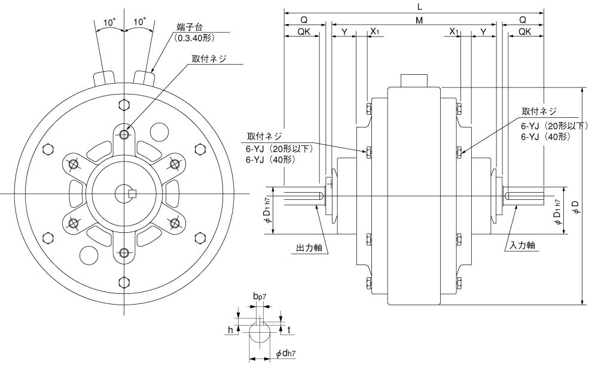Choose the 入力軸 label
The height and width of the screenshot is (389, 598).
point(522,245)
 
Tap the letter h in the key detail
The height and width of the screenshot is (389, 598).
point(231,329)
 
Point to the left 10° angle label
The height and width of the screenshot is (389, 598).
point(109,22)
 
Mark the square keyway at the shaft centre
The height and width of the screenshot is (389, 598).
point(133,193)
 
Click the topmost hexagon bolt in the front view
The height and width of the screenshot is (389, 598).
point(124,105)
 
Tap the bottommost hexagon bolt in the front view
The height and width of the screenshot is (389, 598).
point(124,282)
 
